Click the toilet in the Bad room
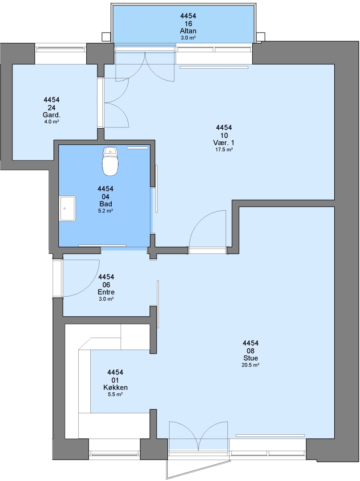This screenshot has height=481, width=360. click(110, 161)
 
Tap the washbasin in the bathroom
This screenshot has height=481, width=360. click(67, 208)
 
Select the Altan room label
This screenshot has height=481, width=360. click(188, 31)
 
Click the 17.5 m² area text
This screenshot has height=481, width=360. click(224, 150)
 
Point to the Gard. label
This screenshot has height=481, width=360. click(52, 115)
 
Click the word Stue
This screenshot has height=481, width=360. click(251, 358)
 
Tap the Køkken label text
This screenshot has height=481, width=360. click(116, 387)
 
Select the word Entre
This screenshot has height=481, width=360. click(106, 292)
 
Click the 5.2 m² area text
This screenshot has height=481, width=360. click(106, 211)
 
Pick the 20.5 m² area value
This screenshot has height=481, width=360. click(251, 365)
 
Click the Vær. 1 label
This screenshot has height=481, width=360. click(224, 143)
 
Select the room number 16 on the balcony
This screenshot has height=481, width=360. click(188, 24)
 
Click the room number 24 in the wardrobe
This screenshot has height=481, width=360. click(52, 108)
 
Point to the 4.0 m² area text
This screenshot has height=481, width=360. click(52, 122)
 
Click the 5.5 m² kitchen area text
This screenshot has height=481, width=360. click(116, 395)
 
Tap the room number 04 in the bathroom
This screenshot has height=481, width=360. click(106, 197)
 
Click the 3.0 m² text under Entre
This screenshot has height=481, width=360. click(106, 299)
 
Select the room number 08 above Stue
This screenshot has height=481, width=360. click(251, 351)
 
